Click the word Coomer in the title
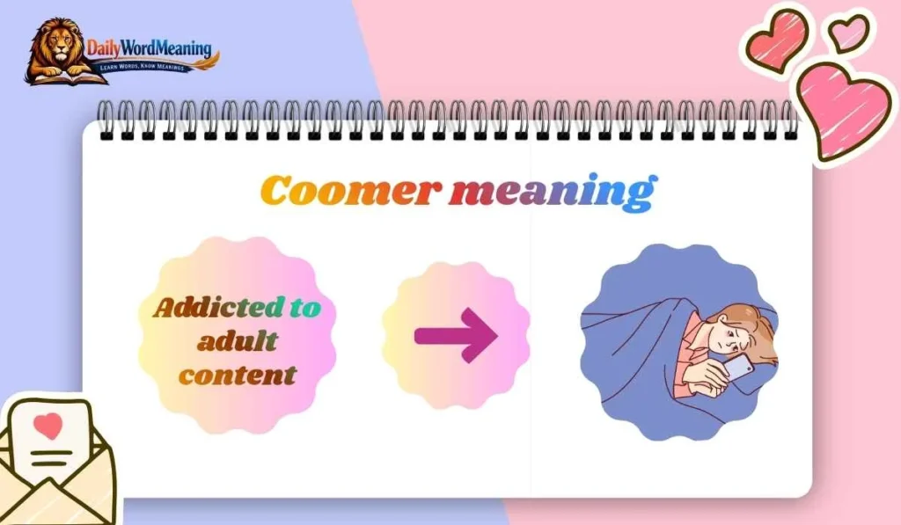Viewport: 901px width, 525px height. pos(348,191)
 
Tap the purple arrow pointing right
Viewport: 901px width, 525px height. pos(456,335)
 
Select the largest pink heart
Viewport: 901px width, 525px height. pos(841,111)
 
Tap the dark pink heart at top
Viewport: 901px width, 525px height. pos(777,40)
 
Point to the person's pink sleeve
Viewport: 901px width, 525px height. pos(695,374)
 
